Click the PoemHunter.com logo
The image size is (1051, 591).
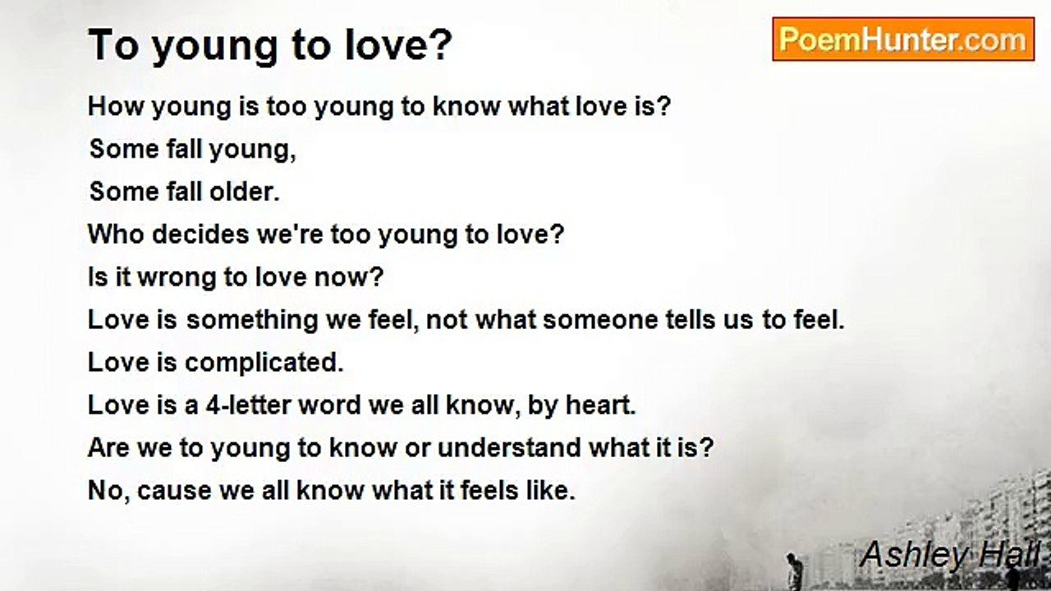903,39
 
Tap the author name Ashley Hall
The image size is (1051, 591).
950,554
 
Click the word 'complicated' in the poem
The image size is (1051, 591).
264,363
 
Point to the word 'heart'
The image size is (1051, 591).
600,405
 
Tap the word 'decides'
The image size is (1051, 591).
201,234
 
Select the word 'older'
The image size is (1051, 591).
244,191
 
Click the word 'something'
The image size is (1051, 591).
252,320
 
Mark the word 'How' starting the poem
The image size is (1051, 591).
116,107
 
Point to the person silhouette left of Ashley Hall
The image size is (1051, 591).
792,570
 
